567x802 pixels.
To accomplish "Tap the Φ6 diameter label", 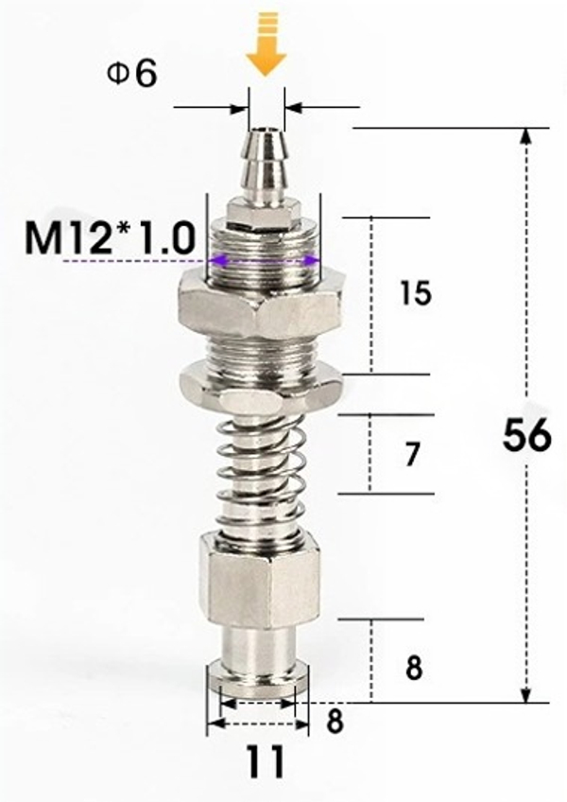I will coord(131,75).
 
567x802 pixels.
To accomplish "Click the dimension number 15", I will coord(415,294).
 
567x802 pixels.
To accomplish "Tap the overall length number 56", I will coord(526,436).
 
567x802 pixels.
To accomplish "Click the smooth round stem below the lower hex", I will coord(258,648).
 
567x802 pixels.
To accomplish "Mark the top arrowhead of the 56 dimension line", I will coord(525,137).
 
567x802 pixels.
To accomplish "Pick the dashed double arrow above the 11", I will coord(258,724).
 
